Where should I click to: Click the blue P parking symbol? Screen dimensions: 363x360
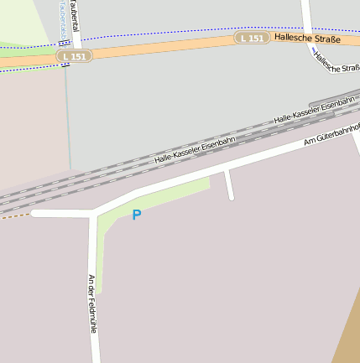pos(137,215)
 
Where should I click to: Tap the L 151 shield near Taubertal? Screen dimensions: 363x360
pos(75,55)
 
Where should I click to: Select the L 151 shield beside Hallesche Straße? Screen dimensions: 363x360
pos(252,39)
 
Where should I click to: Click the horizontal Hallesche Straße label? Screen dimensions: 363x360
pos(308,39)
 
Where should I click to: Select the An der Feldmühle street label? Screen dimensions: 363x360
pos(93,303)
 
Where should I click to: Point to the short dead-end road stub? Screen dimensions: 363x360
pos(228,185)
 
